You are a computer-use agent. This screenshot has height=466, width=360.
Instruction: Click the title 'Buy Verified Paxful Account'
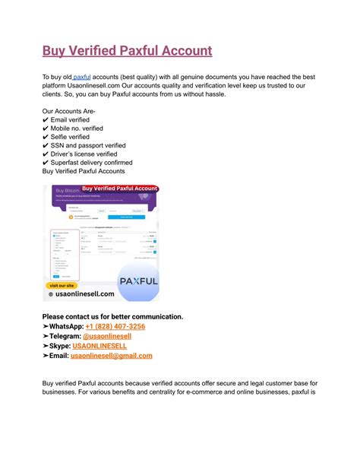(x=127, y=52)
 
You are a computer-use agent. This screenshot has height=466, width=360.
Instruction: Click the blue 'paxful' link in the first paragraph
(x=81, y=78)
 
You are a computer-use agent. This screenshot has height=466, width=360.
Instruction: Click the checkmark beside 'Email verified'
(x=46, y=120)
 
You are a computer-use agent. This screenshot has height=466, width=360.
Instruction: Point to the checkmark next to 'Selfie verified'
(x=46, y=137)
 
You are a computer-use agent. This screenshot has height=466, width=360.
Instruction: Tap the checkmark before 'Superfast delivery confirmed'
(x=46, y=163)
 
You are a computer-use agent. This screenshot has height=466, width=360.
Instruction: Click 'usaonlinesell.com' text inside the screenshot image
(x=82, y=293)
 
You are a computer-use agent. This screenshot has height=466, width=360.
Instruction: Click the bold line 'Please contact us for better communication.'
(x=112, y=316)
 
